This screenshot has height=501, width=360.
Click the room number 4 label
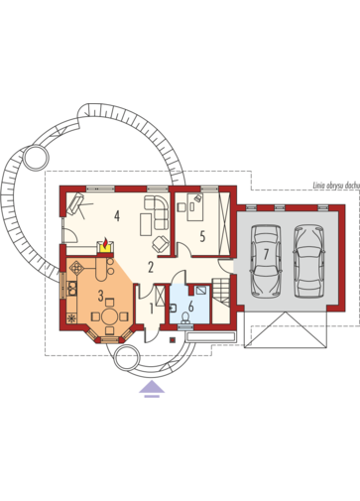(116, 216)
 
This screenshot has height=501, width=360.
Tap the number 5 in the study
(202, 236)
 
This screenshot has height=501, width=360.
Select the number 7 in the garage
(266, 254)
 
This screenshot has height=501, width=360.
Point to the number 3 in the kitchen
(100, 296)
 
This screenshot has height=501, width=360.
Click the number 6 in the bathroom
(190, 307)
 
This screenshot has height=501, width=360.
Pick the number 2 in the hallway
(151, 267)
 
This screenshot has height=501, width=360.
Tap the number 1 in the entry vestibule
(152, 309)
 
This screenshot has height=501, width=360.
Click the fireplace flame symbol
(105, 243)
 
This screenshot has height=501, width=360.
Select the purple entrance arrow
(152, 389)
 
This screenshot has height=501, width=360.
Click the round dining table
(109, 316)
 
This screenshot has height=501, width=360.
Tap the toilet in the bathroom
(185, 318)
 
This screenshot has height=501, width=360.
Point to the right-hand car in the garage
(308, 262)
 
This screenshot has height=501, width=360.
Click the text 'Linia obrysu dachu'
(336, 186)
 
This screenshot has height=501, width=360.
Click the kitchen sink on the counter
(71, 288)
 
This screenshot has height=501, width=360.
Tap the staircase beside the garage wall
(221, 292)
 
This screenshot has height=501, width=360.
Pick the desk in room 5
(195, 207)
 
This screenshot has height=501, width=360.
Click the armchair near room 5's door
(161, 244)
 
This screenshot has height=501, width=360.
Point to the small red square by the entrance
(173, 339)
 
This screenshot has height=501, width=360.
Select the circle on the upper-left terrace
(37, 158)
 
